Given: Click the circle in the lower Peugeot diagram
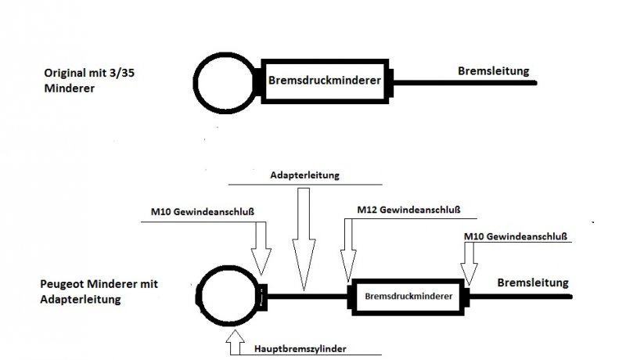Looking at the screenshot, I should (227, 296).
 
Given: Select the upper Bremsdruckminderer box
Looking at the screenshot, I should (324, 80).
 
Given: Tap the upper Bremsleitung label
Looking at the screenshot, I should (493, 71).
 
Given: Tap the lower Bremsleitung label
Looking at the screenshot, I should (532, 283).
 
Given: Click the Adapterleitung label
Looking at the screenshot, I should (304, 175).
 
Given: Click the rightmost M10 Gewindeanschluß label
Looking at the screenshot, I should (515, 236).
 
